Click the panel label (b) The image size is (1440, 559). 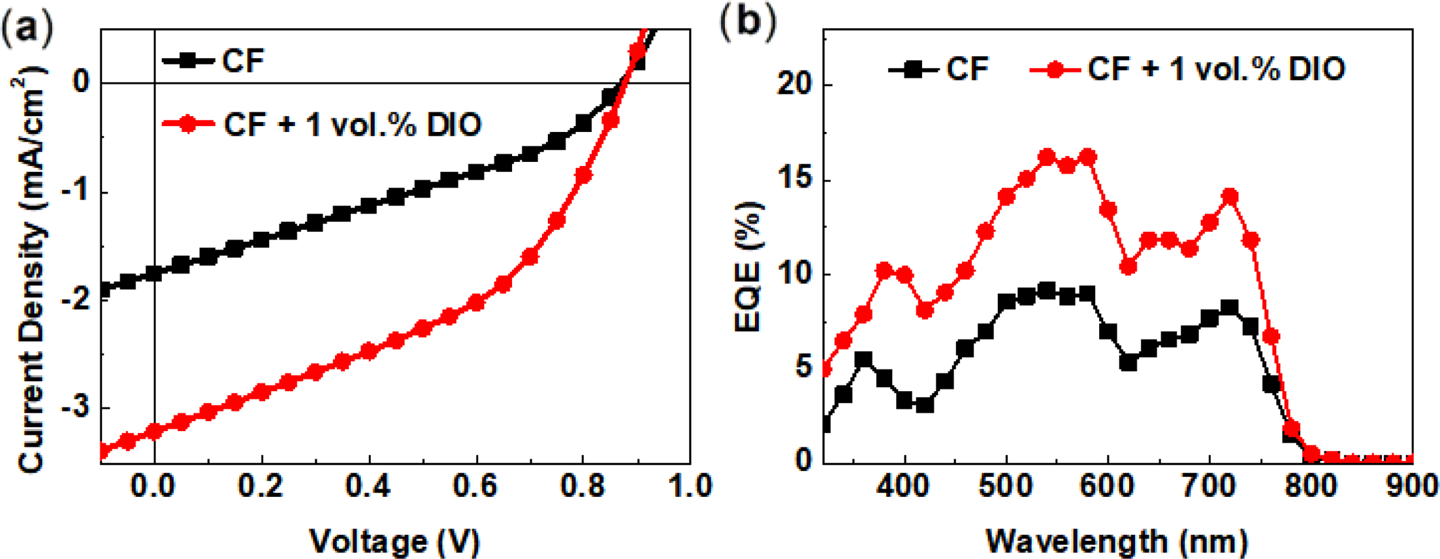(748, 22)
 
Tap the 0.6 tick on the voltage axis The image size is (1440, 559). (475, 487)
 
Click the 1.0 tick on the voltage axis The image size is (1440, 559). (690, 487)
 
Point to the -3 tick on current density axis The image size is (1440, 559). (77, 407)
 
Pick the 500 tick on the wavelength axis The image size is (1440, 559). (1006, 487)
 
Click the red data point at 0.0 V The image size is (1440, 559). (154, 432)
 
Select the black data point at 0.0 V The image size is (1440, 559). (154, 274)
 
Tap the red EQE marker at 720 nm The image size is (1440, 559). (1230, 197)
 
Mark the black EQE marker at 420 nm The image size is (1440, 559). (925, 405)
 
